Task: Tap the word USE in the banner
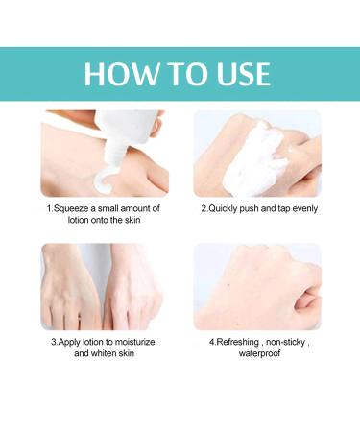click(x=237, y=74)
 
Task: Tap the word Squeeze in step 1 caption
click(x=77, y=208)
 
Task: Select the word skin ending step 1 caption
click(x=138, y=221)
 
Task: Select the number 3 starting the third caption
click(x=54, y=342)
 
